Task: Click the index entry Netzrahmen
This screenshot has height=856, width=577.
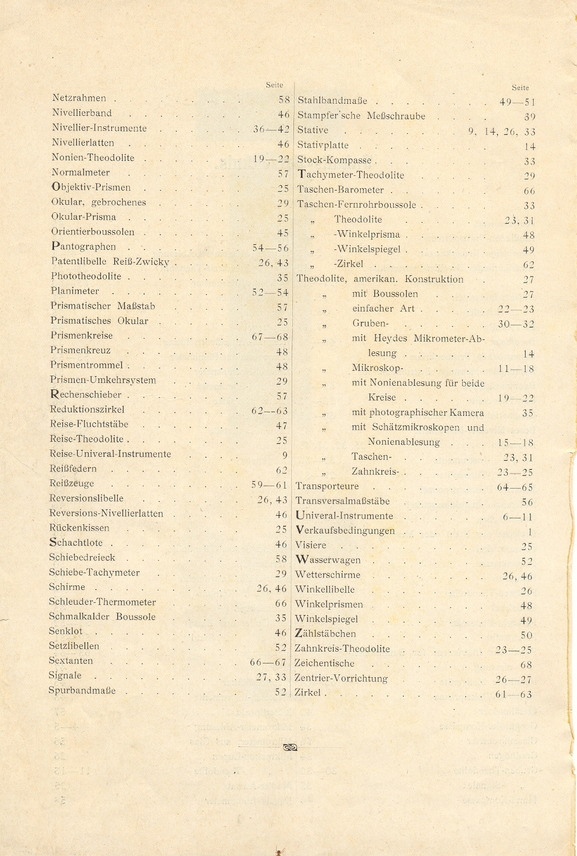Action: click(79, 99)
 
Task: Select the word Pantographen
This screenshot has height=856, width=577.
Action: click(84, 247)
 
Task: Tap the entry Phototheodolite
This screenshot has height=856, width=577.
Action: click(86, 276)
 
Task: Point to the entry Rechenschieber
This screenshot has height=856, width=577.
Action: click(86, 395)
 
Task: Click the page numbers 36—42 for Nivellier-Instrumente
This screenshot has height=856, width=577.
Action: click(271, 129)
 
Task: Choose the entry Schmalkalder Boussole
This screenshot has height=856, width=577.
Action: click(102, 617)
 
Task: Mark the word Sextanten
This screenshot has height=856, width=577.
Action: click(70, 661)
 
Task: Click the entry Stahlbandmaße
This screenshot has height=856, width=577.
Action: click(332, 101)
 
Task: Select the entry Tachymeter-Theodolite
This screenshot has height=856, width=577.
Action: click(350, 175)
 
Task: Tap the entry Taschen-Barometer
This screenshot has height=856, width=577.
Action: click(340, 190)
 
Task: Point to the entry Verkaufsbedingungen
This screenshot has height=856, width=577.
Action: click(345, 531)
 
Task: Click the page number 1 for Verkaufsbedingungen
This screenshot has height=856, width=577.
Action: click(530, 532)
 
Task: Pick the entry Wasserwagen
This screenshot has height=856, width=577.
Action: click(328, 560)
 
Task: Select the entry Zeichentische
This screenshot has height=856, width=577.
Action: click(325, 663)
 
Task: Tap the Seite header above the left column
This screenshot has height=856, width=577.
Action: click(274, 85)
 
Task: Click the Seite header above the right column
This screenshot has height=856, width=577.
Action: click(520, 88)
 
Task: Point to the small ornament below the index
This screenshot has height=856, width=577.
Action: click(290, 748)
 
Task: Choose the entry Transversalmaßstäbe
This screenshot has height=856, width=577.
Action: click(342, 501)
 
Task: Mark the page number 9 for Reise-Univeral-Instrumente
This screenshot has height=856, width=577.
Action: click(284, 455)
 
